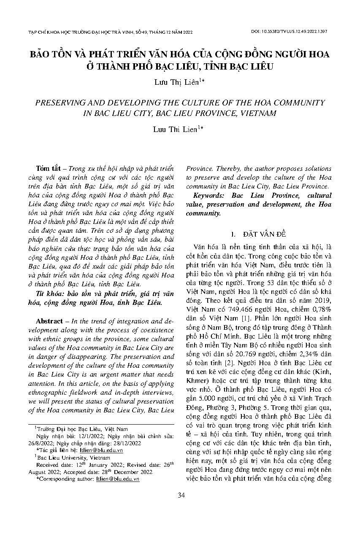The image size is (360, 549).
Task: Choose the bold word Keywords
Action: pos(209,196)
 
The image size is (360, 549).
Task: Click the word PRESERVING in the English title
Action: pos(60,102)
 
